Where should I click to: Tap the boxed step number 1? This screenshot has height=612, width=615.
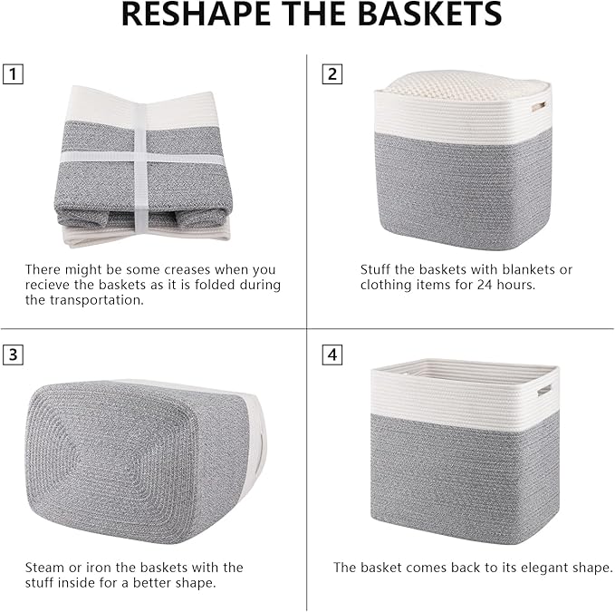click(x=13, y=73)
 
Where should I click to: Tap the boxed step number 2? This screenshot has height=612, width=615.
click(x=332, y=73)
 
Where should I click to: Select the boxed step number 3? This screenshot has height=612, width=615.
click(x=13, y=355)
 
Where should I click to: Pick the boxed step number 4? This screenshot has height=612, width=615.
click(x=332, y=355)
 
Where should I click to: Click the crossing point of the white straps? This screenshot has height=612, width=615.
click(x=140, y=157)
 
